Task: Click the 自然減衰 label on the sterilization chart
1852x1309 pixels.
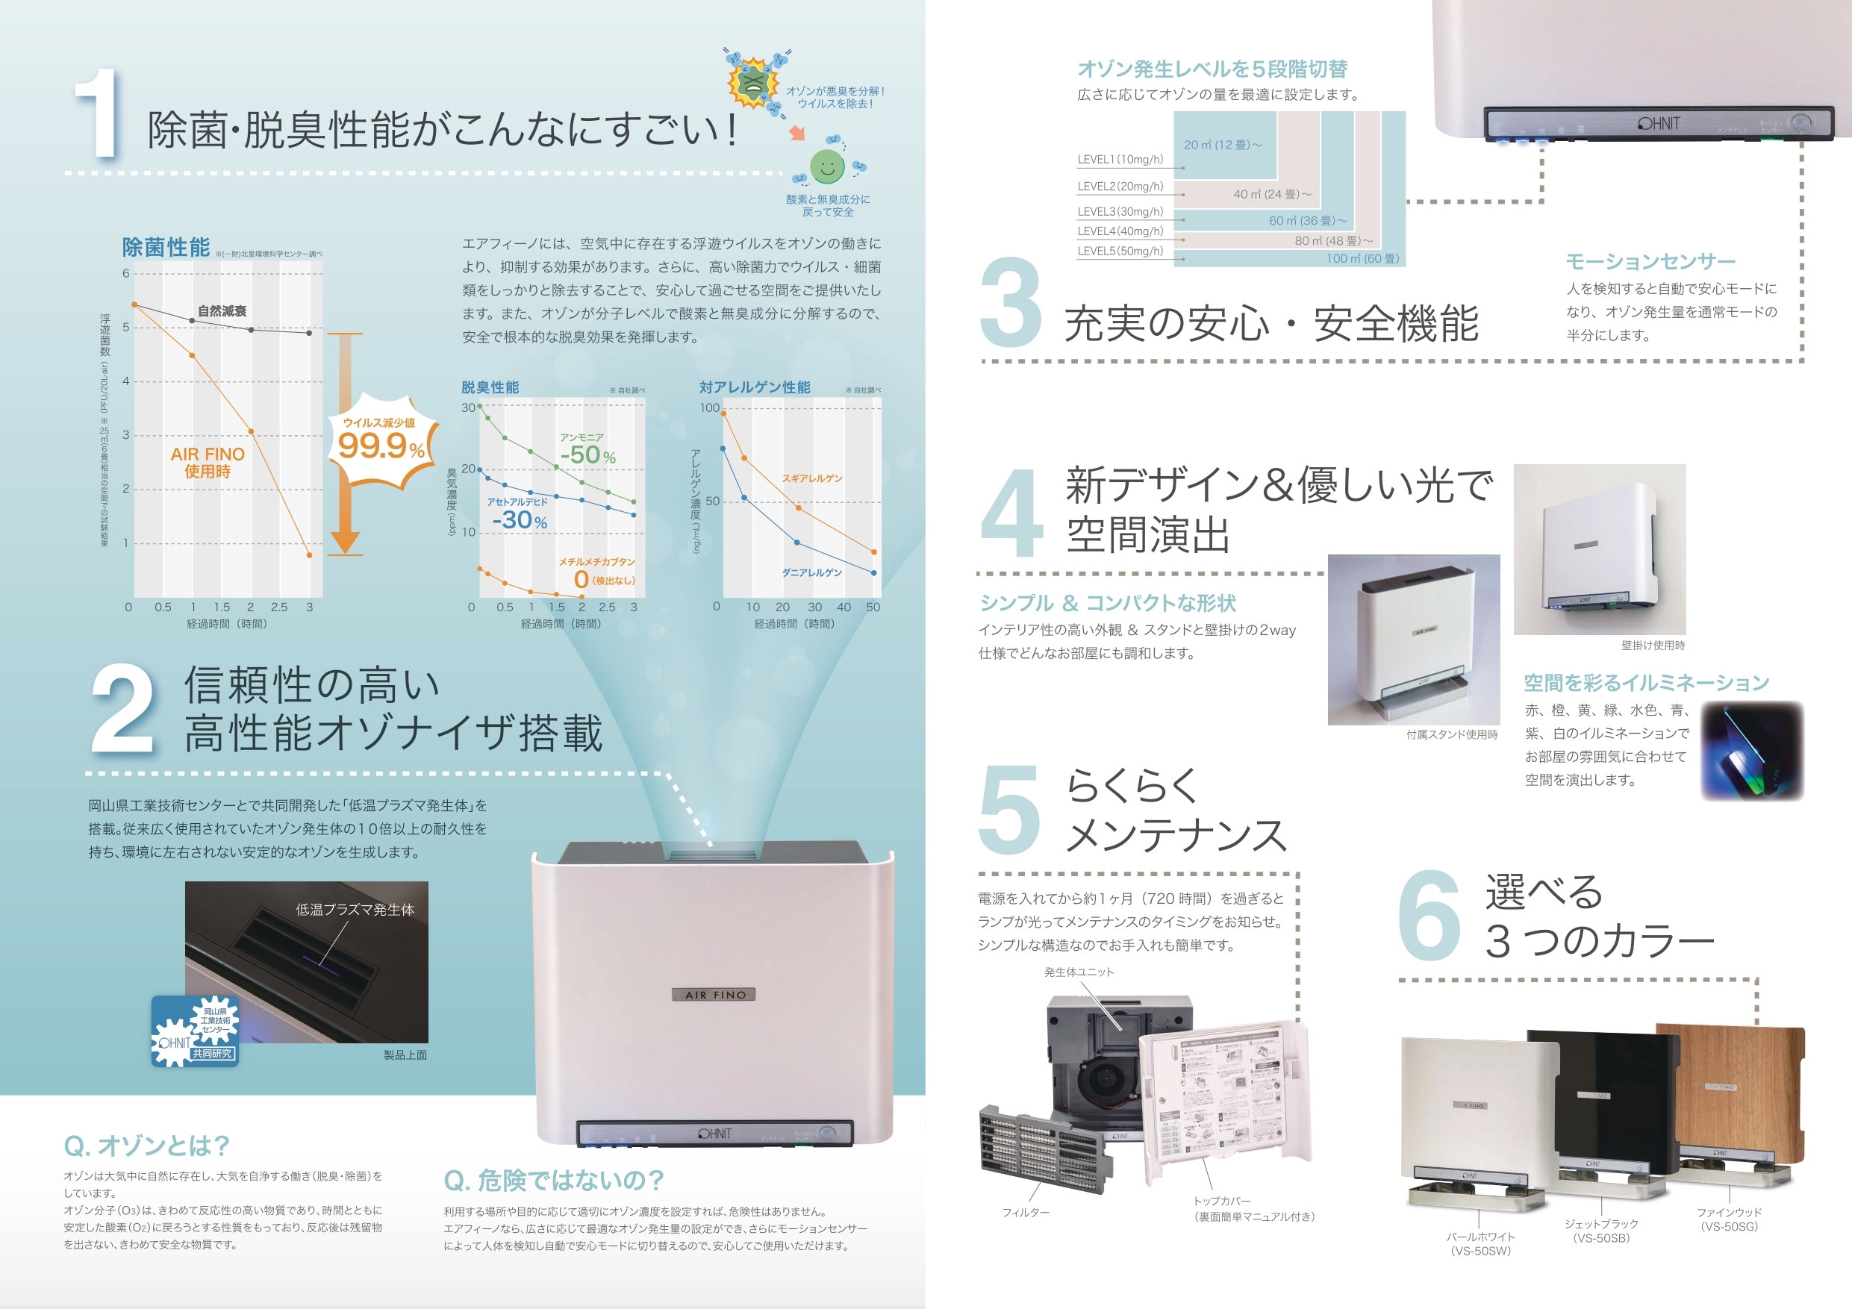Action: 222,311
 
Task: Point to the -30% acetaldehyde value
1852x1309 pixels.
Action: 520,520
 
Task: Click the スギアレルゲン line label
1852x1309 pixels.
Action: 811,478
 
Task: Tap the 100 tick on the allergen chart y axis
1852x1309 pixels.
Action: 709,408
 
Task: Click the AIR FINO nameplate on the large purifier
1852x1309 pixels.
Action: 714,995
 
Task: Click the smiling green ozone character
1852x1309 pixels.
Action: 827,167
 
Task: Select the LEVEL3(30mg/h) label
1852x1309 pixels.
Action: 1120,211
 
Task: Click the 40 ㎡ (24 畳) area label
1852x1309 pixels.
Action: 1272,194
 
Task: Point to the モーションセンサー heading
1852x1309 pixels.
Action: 1650,261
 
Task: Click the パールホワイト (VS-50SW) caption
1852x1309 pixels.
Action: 1480,1243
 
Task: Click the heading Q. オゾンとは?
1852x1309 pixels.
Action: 147,1146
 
